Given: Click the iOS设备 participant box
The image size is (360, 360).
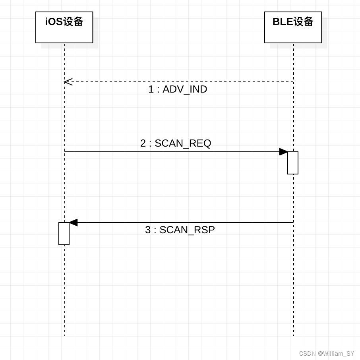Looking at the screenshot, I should [x=64, y=27].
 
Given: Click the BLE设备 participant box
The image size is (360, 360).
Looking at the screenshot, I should [x=293, y=27].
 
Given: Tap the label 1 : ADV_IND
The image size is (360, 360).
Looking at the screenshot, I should [x=178, y=89].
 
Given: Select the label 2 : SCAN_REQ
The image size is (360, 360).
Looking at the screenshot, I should [x=176, y=143].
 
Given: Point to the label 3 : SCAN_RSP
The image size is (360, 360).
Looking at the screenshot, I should [x=180, y=230].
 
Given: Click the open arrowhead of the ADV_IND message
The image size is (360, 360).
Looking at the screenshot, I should [x=68, y=82].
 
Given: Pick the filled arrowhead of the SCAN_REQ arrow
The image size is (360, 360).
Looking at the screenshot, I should [x=283, y=152].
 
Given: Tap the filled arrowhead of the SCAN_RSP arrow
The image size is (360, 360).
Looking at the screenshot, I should [x=73, y=223].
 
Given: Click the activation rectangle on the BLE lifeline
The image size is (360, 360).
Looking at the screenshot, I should [x=293, y=163].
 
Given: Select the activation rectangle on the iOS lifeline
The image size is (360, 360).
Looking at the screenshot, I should [x=64, y=234].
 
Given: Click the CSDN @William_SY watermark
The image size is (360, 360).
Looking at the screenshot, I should [x=326, y=353].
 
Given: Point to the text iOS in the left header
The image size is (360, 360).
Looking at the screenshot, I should [x=54, y=21].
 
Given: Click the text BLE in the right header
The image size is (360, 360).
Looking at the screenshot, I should [x=283, y=21].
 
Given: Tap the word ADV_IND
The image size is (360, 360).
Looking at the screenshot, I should [x=185, y=89].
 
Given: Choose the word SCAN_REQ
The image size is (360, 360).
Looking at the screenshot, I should [x=183, y=143].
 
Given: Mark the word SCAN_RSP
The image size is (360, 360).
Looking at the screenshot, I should [x=187, y=230].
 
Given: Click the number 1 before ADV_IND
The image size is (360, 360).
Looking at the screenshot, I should [x=151, y=89].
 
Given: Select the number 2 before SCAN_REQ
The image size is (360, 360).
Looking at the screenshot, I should [x=143, y=143].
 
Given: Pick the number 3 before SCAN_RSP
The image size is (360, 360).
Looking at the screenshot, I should [x=148, y=230].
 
